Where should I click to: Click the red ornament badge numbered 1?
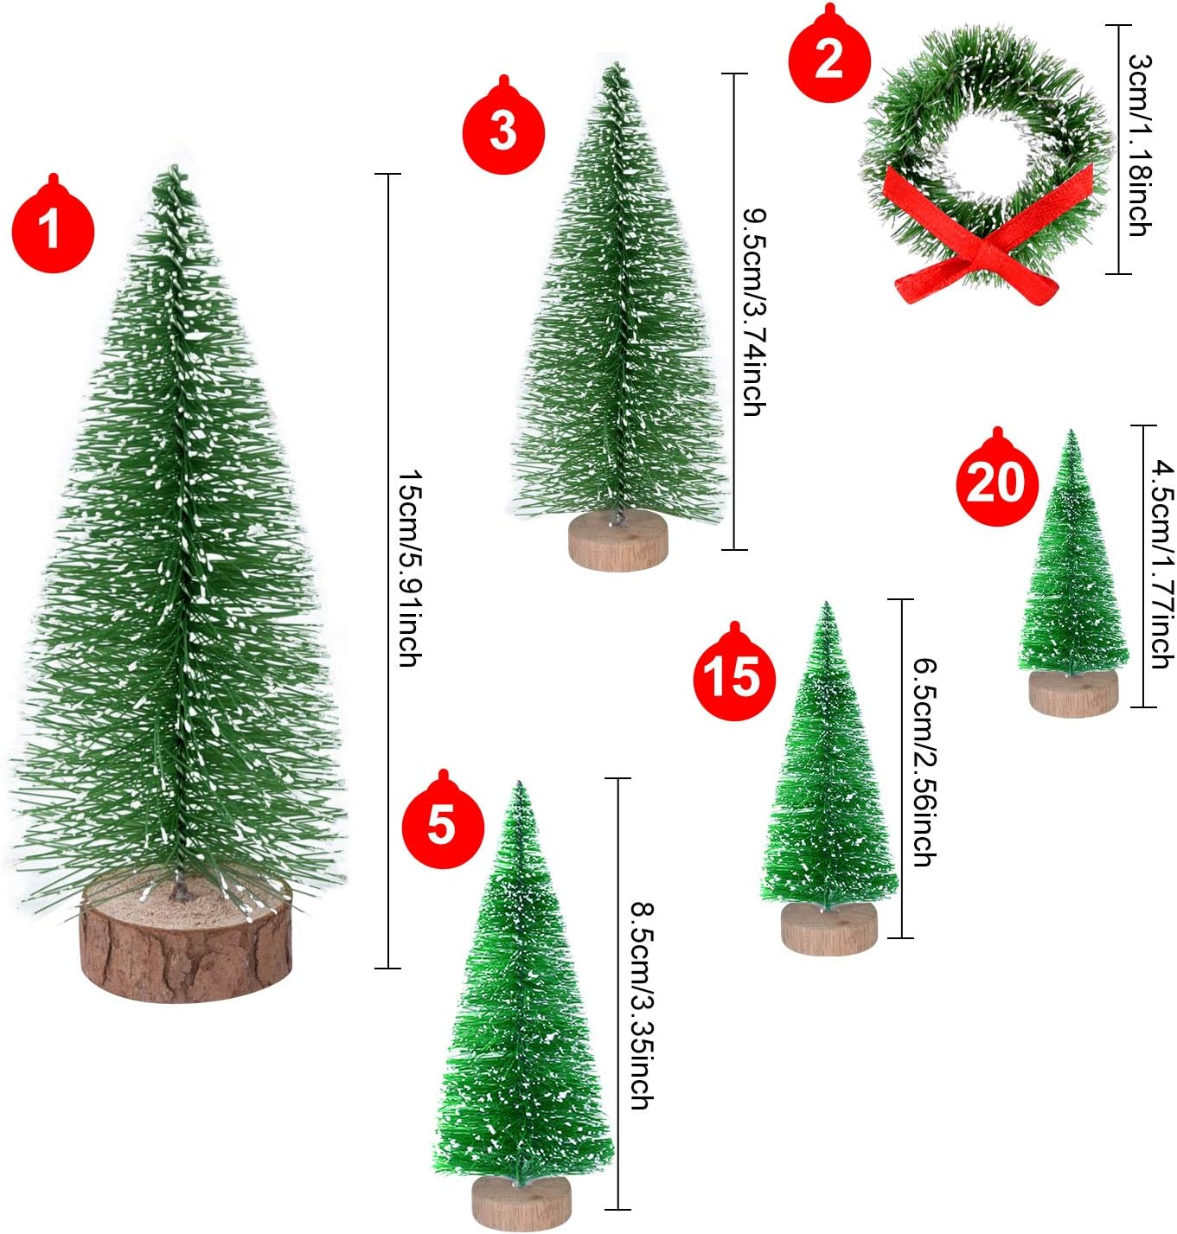coord(53,228)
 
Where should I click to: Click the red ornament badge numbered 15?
coord(734,675)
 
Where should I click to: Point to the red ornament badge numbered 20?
coord(996,481)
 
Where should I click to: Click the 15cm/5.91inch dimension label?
coord(410,569)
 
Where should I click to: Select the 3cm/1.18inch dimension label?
coord(1141,147)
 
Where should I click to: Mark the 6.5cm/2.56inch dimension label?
coord(925,763)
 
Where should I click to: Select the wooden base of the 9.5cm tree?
coord(617,542)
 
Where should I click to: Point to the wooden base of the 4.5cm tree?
coord(1072,694)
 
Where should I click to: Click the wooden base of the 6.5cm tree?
coord(828,929)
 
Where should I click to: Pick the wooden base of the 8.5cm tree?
coord(521,1202)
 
